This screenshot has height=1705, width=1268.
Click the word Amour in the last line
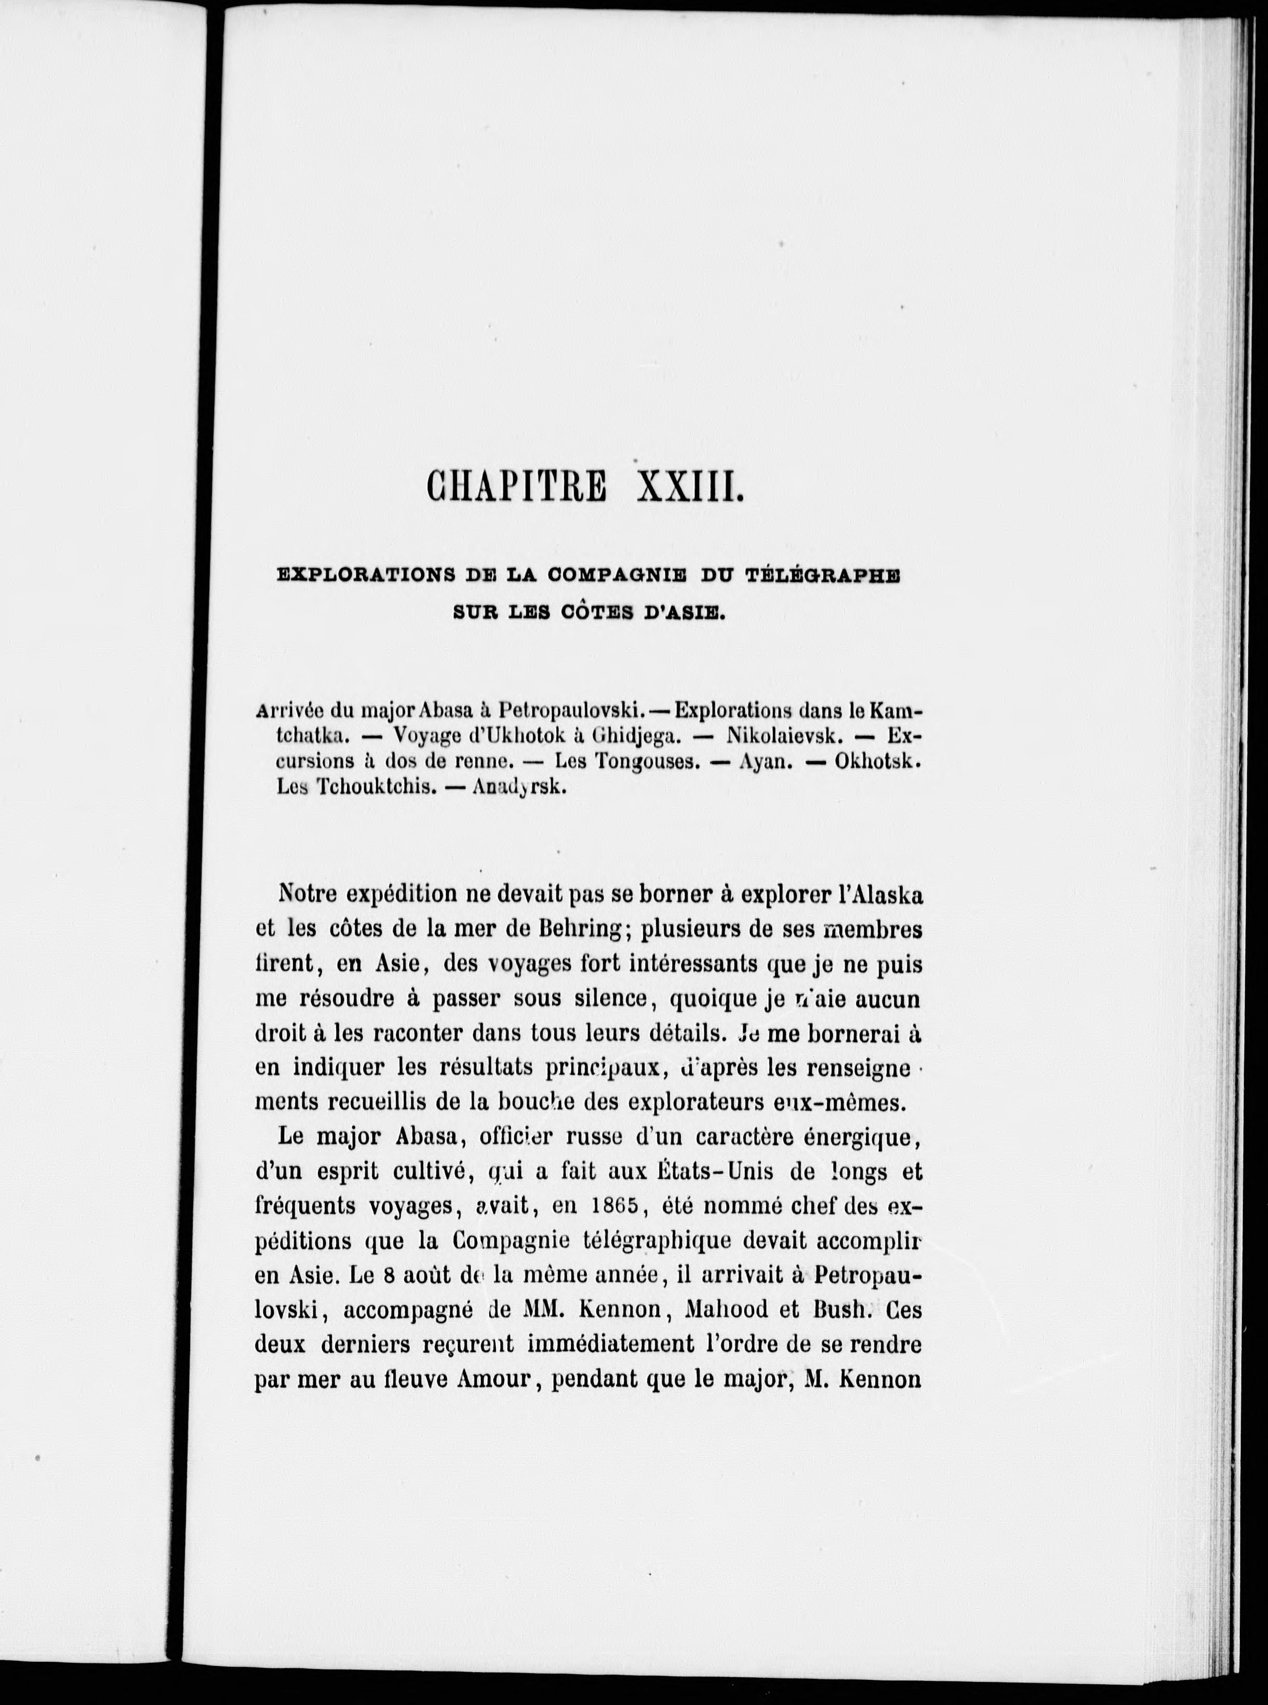click(494, 1378)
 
